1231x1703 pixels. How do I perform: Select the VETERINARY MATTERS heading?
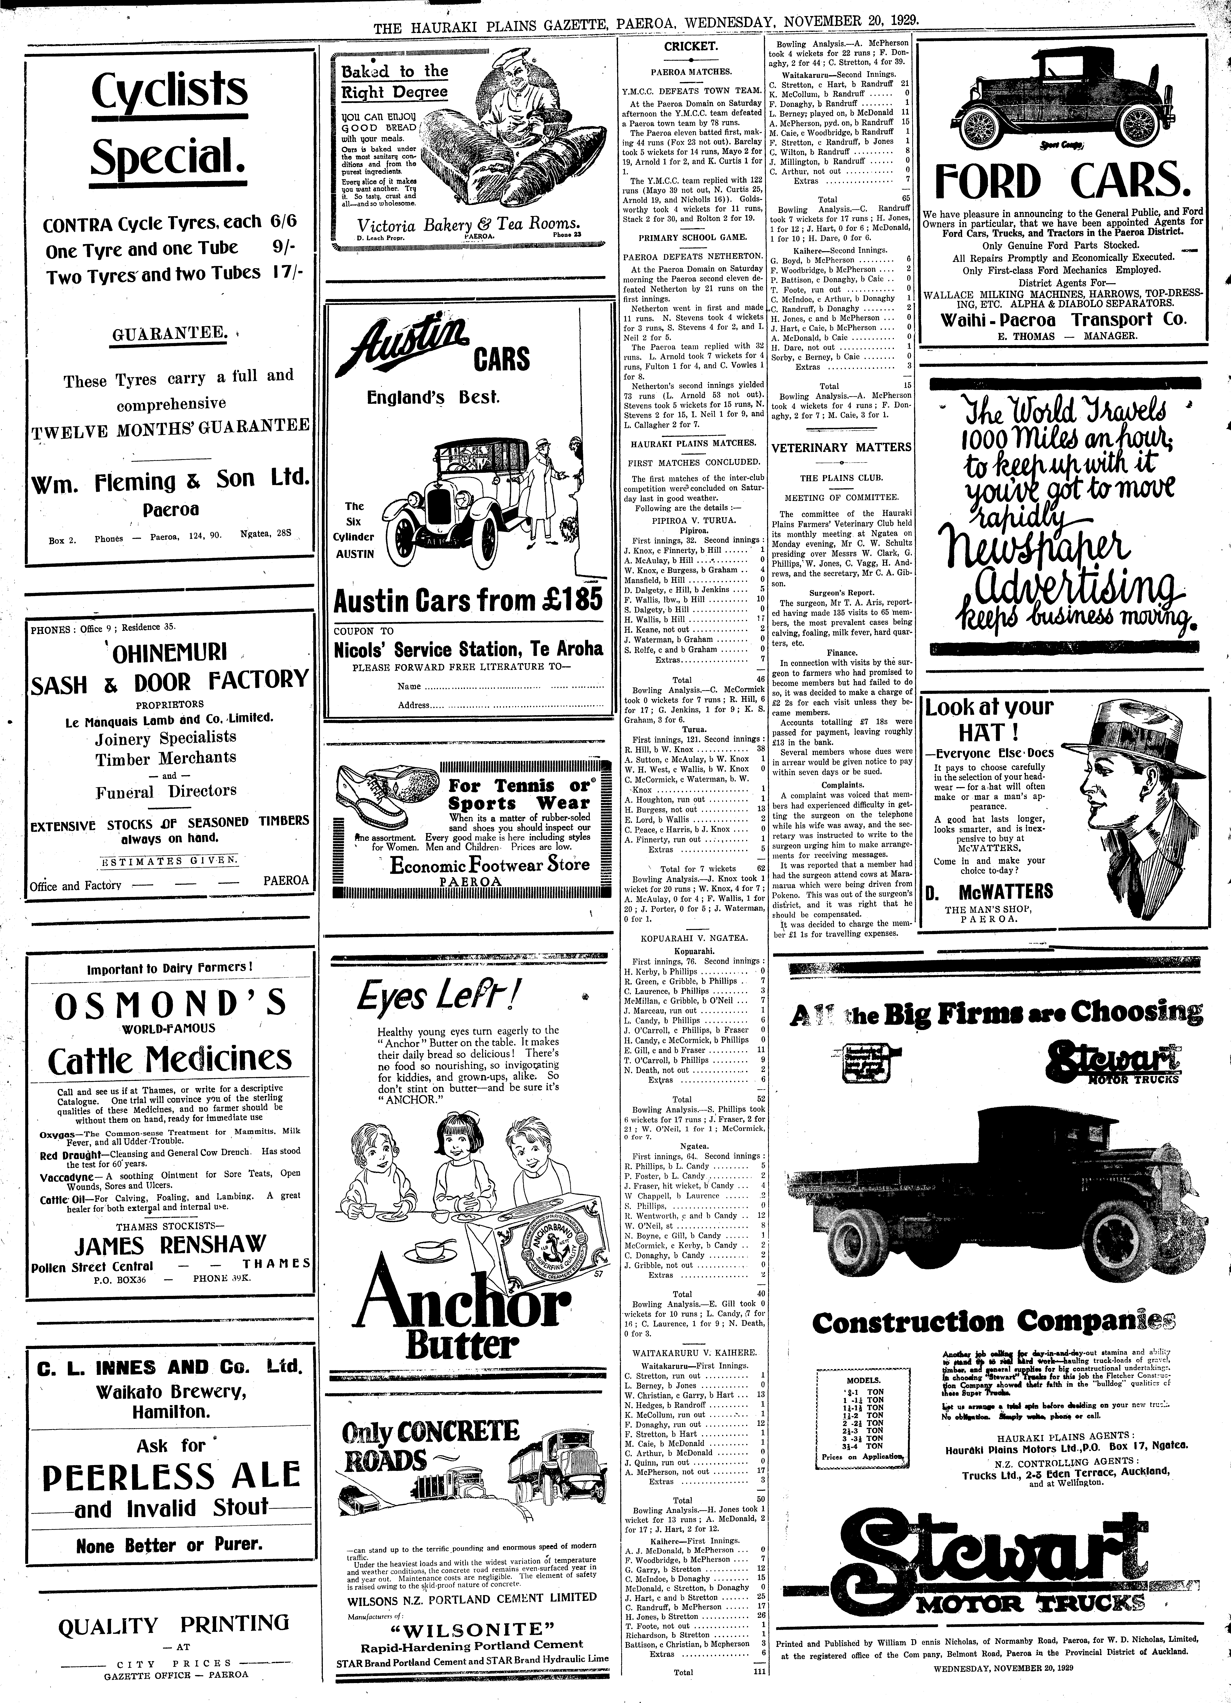click(841, 448)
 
